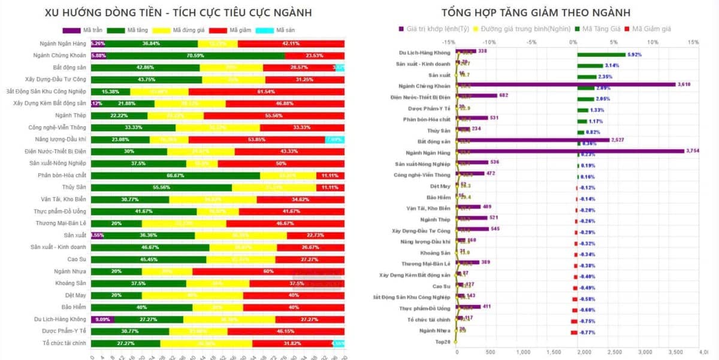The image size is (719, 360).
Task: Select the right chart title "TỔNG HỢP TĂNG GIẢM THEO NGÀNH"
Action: point(536,13)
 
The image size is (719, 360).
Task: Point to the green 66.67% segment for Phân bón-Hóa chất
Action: point(175,176)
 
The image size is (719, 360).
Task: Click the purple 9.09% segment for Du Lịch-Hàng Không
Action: point(102,319)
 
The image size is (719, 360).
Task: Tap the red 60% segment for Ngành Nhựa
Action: point(268,271)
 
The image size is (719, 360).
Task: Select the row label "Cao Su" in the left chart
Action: point(77,259)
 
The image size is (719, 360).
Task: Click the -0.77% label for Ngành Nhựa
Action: point(587,332)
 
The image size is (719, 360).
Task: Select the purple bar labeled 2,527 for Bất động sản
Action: point(533,140)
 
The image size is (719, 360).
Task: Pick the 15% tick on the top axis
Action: point(693,42)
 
